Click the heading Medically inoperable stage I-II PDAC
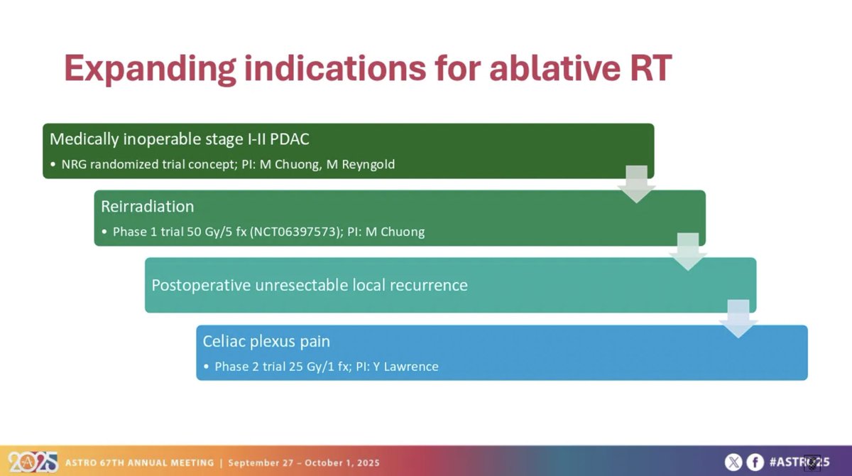coord(175,139)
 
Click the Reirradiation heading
coord(147,206)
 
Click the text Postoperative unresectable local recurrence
coord(310,285)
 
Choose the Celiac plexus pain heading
coord(266,341)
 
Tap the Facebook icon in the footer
coord(755,462)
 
